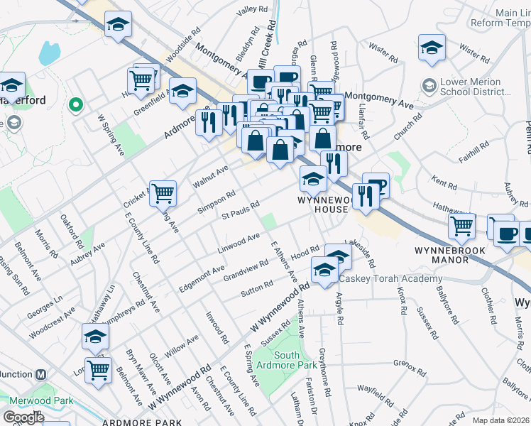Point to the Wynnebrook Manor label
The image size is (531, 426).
pos(450,255)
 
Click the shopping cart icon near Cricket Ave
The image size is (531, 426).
pos(163,192)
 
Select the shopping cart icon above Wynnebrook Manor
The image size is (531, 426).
pos(462,226)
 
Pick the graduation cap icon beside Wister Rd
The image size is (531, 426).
pos(432,47)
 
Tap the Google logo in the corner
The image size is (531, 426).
pos(23,417)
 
